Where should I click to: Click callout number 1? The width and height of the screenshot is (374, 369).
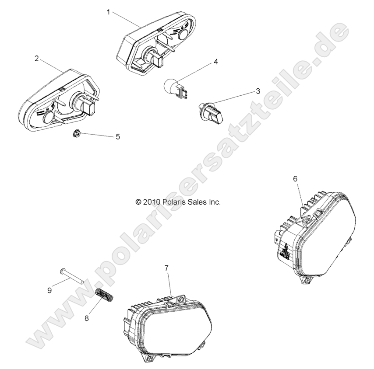(x=109, y=12)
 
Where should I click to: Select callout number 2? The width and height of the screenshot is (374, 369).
(x=37, y=58)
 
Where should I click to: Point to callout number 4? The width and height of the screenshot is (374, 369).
(x=215, y=62)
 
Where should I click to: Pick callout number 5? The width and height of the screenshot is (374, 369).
(x=117, y=136)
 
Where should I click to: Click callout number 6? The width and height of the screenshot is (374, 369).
(x=295, y=178)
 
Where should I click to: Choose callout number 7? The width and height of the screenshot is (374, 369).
(x=167, y=268)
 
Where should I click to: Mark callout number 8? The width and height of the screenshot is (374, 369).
(x=87, y=318)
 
